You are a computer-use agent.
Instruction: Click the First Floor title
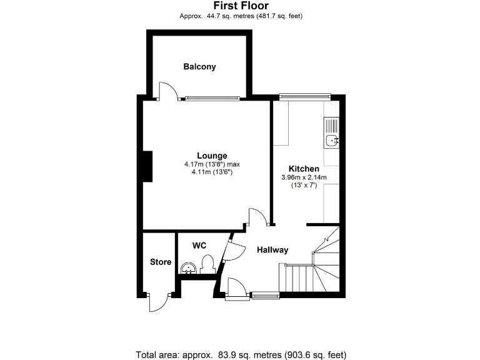[x=240, y=6]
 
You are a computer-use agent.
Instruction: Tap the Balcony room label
[x=199, y=67]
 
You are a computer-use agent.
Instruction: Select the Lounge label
[x=212, y=156]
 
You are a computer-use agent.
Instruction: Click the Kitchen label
[x=304, y=169]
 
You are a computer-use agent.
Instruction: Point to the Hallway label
[x=272, y=250]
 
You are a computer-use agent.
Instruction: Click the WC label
[x=199, y=246]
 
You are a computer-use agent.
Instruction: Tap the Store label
[x=161, y=262]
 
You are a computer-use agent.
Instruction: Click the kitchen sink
[x=331, y=132]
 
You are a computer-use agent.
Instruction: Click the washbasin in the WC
[x=189, y=268]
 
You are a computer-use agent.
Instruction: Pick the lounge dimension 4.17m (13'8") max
[x=212, y=164]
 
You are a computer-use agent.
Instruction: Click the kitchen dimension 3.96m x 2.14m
[x=304, y=177]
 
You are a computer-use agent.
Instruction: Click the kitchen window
[x=304, y=96]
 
